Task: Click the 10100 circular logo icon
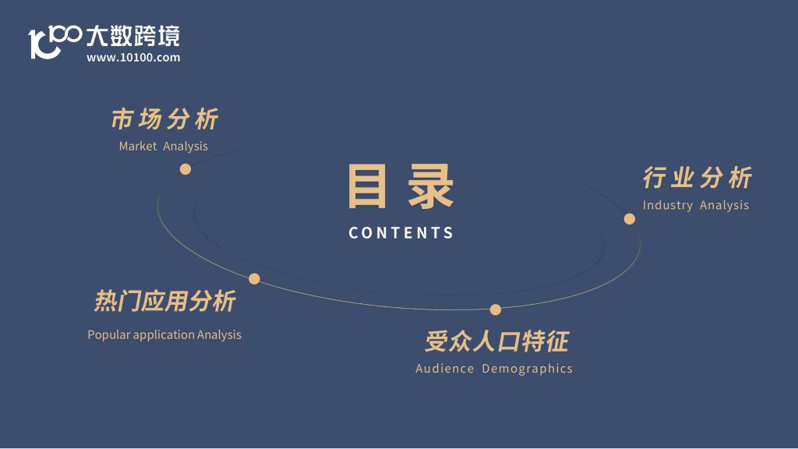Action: pos(55,41)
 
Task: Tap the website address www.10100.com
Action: pos(133,58)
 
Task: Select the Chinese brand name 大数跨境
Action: pos(132,36)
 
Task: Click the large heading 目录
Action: pos(401,186)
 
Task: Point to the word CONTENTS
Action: pos(401,233)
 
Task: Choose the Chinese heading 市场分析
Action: pos(165,119)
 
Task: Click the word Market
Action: pos(138,146)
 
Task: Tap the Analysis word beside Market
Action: pos(185,147)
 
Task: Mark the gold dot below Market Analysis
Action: pos(185,169)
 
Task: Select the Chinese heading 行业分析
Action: pos(697,178)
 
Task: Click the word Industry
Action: pos(668,205)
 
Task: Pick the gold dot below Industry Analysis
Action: pos(630,219)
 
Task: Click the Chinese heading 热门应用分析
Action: pos(165,301)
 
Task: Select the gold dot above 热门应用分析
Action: pos(255,278)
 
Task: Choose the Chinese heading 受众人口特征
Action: pos(496,341)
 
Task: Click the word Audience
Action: pos(445,368)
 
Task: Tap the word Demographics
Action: pos(528,369)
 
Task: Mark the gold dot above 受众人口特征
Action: pos(496,309)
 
